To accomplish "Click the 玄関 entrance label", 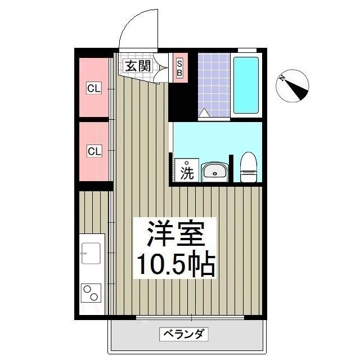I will (138, 65).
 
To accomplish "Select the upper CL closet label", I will (94, 88).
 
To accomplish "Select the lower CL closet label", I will (94, 151).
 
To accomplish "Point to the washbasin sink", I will (214, 171).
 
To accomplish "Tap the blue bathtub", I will (246, 84).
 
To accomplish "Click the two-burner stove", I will (91, 292).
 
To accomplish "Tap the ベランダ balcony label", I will (186, 334).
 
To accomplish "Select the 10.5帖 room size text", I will (174, 263).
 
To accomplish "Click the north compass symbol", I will (293, 86).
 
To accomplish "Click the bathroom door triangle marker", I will (204, 113).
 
